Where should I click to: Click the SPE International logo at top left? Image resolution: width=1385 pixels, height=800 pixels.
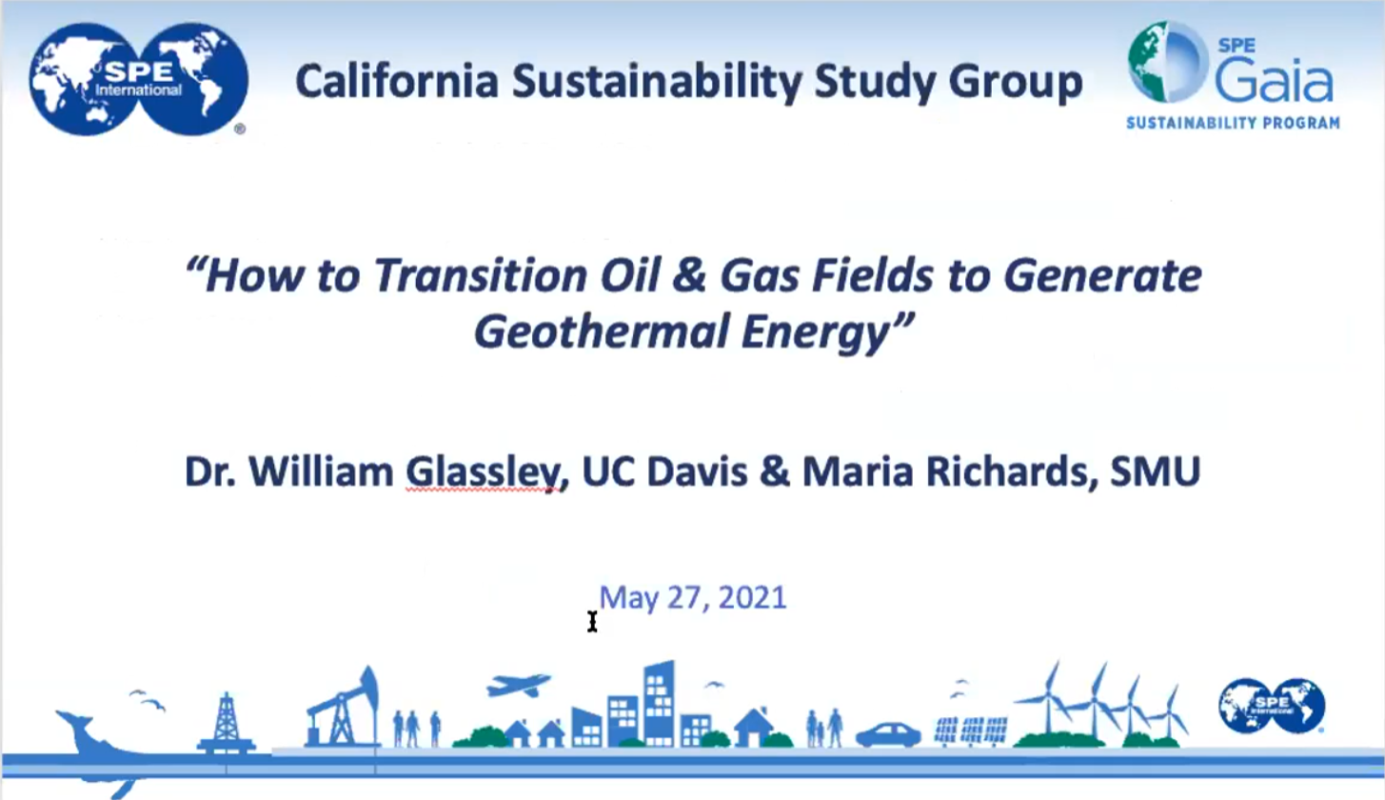tap(139, 79)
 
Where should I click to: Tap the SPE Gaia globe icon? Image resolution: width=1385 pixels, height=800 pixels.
tap(1167, 62)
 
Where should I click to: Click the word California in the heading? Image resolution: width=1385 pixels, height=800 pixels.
tap(397, 81)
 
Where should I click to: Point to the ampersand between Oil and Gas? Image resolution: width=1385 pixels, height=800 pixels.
tap(690, 276)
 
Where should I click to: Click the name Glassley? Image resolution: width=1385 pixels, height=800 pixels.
tap(483, 472)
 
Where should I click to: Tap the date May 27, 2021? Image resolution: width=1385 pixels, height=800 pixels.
tap(693, 598)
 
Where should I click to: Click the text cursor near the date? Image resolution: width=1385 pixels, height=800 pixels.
tap(592, 622)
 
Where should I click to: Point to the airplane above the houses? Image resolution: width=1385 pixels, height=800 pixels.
tap(518, 685)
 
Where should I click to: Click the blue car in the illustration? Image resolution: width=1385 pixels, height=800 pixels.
tap(888, 734)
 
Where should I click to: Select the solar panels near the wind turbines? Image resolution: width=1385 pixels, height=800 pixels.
tap(971, 731)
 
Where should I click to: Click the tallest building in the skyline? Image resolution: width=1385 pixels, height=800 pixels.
tap(659, 704)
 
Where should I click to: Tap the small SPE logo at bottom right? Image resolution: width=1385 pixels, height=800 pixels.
tap(1272, 706)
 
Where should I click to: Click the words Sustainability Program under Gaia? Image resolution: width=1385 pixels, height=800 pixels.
tap(1233, 123)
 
